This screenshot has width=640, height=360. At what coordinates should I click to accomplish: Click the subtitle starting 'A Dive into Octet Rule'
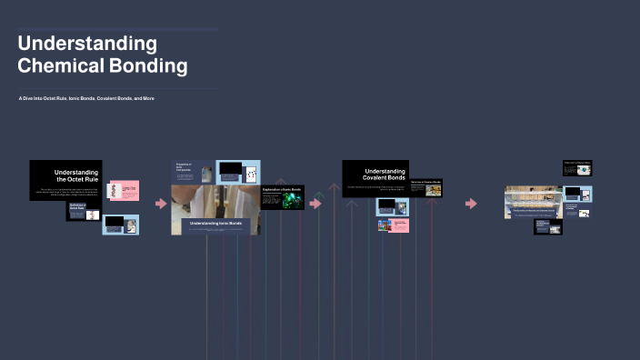pos(86,98)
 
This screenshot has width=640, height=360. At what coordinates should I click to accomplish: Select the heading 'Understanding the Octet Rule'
pos(75,175)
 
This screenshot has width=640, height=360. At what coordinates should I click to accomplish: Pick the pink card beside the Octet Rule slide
pos(124,191)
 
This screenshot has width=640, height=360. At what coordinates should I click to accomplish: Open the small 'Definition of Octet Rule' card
pos(84,211)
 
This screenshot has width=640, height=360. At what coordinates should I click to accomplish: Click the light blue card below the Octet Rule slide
pos(120,224)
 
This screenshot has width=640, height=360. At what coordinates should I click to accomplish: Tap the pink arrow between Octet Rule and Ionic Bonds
pos(161,204)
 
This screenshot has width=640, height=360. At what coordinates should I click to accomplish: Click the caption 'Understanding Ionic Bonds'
pos(215,222)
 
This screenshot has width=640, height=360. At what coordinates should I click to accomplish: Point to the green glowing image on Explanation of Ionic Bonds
pos(292,201)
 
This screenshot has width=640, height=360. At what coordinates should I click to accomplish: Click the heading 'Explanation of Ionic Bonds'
pos(282,189)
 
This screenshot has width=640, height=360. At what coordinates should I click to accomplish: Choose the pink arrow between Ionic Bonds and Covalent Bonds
pos(315,204)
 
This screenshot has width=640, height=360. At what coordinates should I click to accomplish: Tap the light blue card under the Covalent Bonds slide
pos(393,206)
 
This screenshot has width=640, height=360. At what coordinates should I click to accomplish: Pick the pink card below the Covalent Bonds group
pos(393,225)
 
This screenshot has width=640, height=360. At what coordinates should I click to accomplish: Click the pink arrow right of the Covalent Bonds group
pos(470,204)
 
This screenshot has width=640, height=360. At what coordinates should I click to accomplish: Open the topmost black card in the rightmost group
pos(576,167)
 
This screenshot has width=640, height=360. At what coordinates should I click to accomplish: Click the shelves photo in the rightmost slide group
pos(533,202)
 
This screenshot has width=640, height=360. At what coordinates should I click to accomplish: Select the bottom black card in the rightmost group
pos(547,225)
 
